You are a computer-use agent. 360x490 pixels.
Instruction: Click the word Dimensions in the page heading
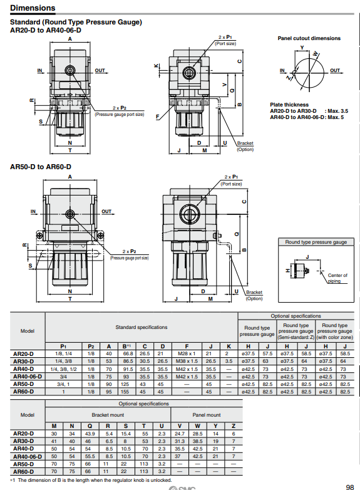(33, 8)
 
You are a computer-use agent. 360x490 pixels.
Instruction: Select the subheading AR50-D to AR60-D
(41, 167)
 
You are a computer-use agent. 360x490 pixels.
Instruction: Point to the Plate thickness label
(289, 105)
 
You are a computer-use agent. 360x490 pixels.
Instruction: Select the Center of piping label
(337, 278)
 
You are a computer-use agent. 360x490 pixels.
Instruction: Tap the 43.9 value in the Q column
(91, 434)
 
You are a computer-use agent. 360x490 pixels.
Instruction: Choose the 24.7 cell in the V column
(180, 434)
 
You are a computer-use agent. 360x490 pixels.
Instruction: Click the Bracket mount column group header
(108, 415)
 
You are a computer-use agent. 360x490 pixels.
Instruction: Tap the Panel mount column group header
(206, 415)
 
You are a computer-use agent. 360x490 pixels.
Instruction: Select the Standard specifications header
(141, 327)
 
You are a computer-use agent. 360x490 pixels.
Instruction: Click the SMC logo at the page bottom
(182, 486)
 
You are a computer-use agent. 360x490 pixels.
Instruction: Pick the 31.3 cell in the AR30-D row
(180, 441)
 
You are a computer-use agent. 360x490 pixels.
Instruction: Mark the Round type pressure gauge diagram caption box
(316, 242)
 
